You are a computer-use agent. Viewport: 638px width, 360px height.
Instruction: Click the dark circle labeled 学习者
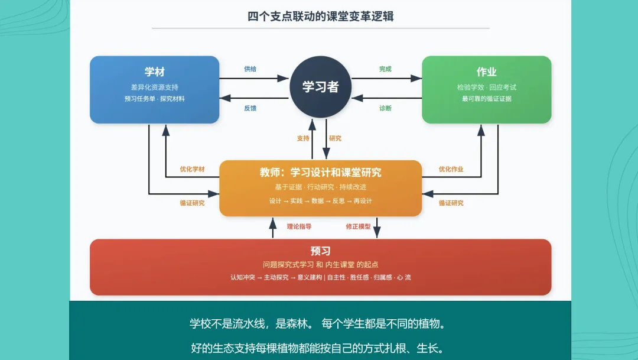pyautogui.click(x=321, y=87)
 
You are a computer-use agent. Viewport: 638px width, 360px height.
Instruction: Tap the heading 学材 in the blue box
pyautogui.click(x=155, y=72)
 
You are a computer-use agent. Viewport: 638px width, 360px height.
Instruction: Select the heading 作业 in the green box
pyautogui.click(x=487, y=72)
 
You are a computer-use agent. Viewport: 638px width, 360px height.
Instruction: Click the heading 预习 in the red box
pyautogui.click(x=321, y=251)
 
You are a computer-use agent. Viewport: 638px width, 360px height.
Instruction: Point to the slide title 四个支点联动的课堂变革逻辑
pyautogui.click(x=321, y=17)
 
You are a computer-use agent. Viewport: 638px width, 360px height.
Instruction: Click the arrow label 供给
pyautogui.click(x=250, y=69)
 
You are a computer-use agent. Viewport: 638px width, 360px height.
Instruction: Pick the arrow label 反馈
pyautogui.click(x=250, y=108)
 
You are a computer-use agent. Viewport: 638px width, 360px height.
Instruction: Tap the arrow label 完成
pyautogui.click(x=385, y=69)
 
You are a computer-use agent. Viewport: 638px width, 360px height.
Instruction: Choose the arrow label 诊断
pyautogui.click(x=385, y=108)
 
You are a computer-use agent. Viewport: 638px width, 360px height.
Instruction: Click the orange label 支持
pyautogui.click(x=303, y=138)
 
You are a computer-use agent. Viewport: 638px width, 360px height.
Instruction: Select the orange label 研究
pyautogui.click(x=336, y=138)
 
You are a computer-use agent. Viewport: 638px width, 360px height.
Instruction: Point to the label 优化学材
pyautogui.click(x=193, y=169)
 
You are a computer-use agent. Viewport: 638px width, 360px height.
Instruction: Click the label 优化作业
pyautogui.click(x=451, y=169)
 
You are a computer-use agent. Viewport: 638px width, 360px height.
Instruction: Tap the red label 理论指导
pyautogui.click(x=299, y=226)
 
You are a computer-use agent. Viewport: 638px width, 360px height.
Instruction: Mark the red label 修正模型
pyautogui.click(x=359, y=226)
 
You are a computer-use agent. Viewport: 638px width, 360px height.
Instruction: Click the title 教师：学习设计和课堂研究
pyautogui.click(x=321, y=173)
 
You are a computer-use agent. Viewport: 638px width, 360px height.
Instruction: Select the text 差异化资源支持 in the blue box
pyautogui.click(x=155, y=87)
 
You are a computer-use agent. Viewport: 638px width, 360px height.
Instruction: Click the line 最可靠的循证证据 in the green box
pyautogui.click(x=487, y=99)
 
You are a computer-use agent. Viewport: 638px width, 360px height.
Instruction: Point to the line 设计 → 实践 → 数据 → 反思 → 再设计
pyautogui.click(x=321, y=201)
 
